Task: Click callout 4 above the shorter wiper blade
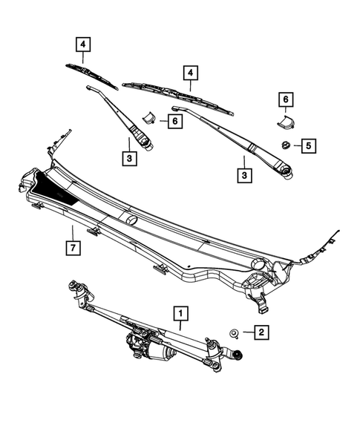(x=83, y=45)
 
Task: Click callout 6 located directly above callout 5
(x=284, y=99)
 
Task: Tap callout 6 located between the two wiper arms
(x=174, y=120)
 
